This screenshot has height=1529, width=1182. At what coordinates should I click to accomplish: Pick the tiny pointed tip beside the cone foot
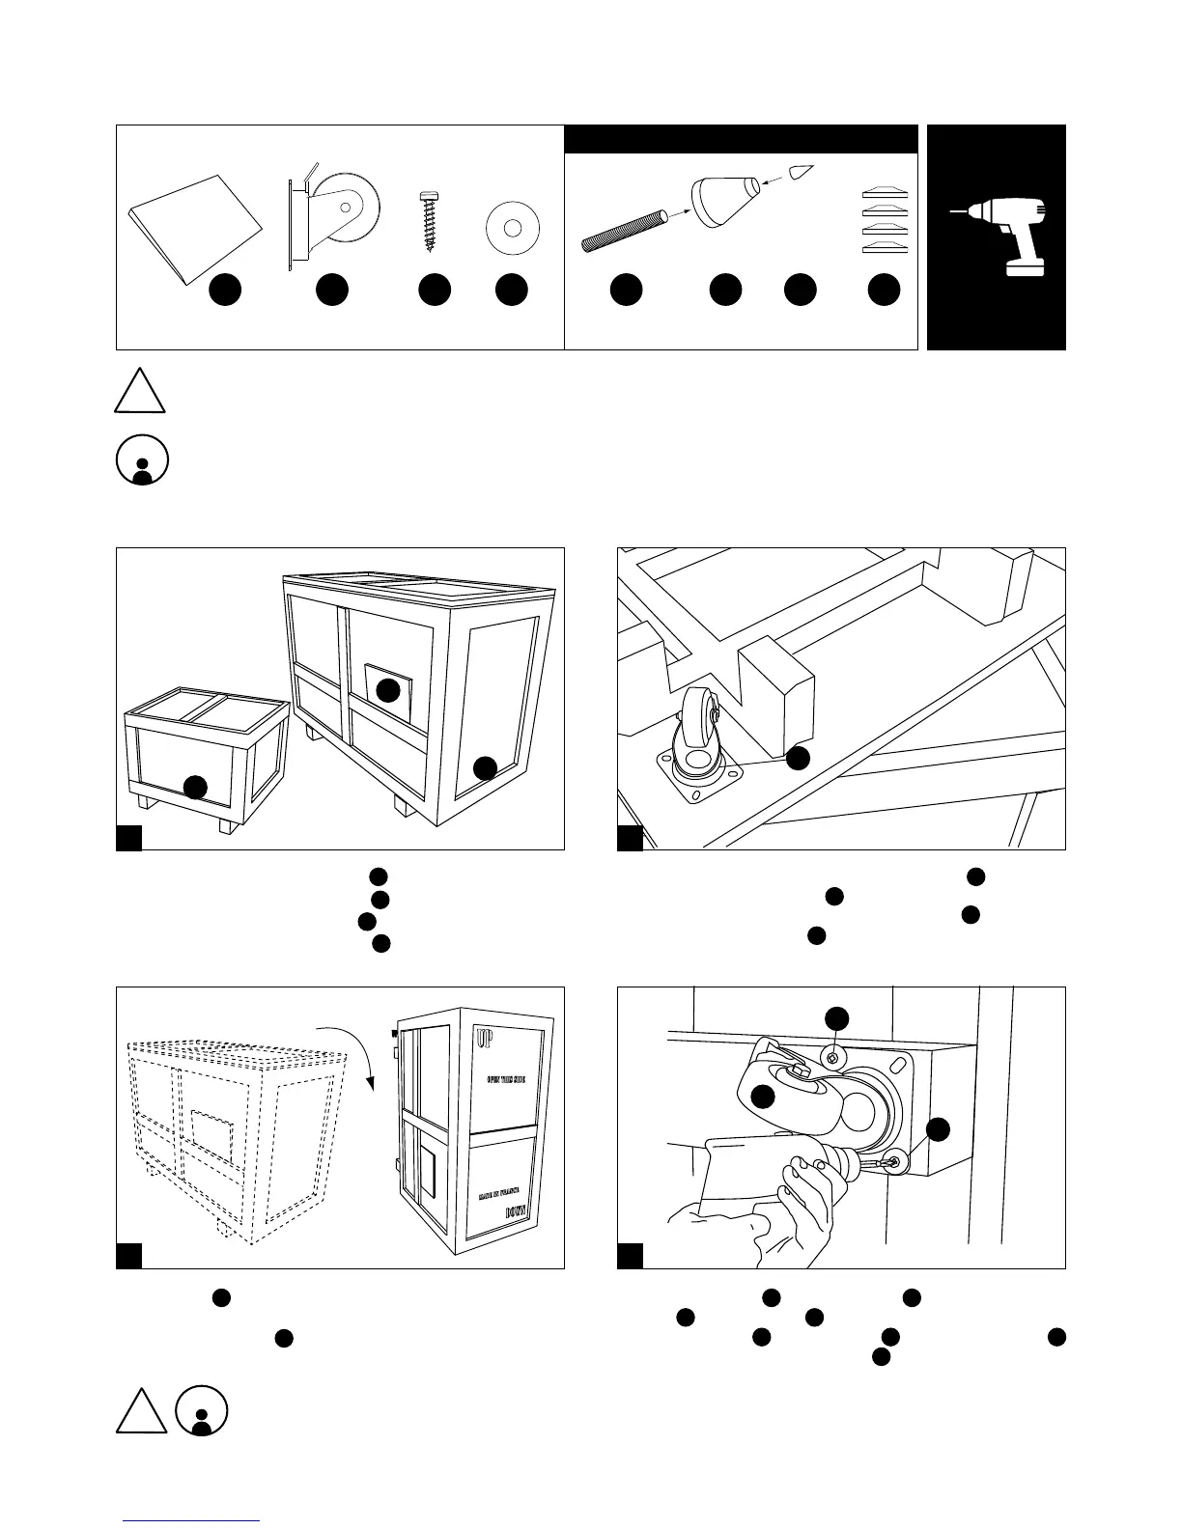point(801,175)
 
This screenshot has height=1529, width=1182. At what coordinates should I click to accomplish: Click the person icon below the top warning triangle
point(141,461)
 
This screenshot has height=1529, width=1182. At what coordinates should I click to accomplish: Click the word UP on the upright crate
point(485,1040)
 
